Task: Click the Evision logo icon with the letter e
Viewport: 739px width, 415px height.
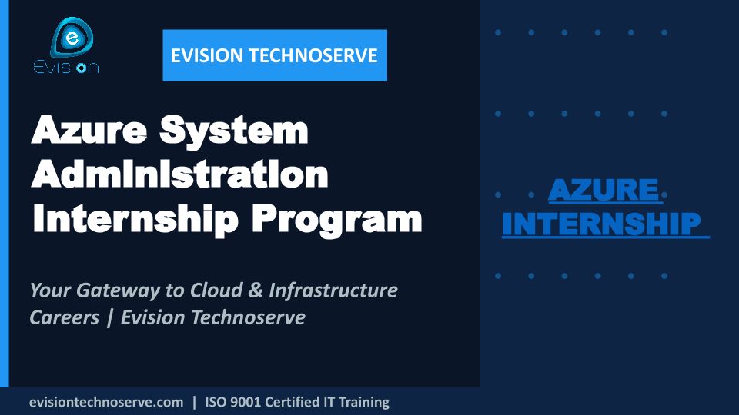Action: coord(72,37)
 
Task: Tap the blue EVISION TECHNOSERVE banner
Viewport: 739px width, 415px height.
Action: coord(275,55)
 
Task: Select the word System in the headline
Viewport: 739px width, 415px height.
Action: coord(234,131)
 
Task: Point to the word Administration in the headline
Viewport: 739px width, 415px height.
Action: coord(179,174)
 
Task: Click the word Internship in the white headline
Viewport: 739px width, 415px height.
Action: coord(135,219)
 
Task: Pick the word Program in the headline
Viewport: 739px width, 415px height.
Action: coord(336,221)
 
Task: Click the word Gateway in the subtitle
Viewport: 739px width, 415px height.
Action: coord(119,291)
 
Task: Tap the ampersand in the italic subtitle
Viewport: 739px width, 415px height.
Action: coord(255,290)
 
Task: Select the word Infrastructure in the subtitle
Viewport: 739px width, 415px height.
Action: coord(333,290)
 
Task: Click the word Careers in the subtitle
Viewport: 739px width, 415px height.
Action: coord(65,317)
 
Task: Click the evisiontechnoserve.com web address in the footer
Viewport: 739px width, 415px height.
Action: coord(106,402)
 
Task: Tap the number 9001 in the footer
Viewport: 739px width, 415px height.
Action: coord(244,402)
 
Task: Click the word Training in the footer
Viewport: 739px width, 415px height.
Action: coord(364,403)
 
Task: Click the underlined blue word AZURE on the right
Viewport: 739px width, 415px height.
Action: coord(604,190)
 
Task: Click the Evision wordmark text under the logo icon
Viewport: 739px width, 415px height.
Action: coord(66,68)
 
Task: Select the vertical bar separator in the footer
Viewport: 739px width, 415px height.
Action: coord(194,403)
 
